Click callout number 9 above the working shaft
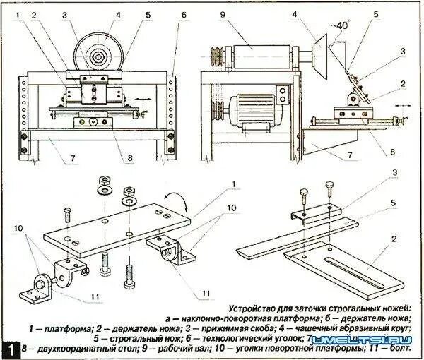pos(221,13)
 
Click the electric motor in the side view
pos(253,111)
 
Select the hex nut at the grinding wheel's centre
pos(96,52)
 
